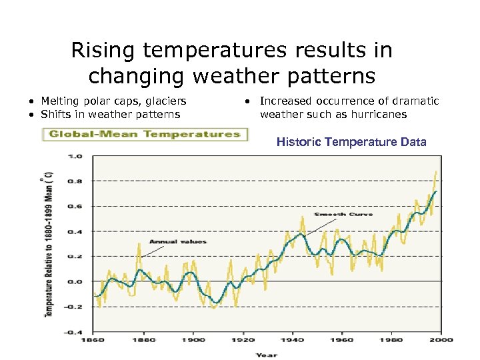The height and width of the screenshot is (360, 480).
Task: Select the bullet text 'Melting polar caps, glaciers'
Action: (113, 101)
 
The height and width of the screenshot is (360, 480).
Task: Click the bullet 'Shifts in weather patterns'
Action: (110, 114)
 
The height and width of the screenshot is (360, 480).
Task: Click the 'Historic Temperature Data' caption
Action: (351, 142)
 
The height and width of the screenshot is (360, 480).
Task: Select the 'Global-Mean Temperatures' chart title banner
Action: (143, 134)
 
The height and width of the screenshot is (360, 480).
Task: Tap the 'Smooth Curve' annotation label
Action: (343, 215)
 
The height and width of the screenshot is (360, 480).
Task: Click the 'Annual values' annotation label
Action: (177, 241)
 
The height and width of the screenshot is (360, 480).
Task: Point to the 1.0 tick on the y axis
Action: (76, 156)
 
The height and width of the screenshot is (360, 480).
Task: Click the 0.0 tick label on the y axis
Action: (76, 281)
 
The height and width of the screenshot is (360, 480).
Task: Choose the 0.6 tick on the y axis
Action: (76, 206)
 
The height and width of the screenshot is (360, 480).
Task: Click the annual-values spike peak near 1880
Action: (139, 244)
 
